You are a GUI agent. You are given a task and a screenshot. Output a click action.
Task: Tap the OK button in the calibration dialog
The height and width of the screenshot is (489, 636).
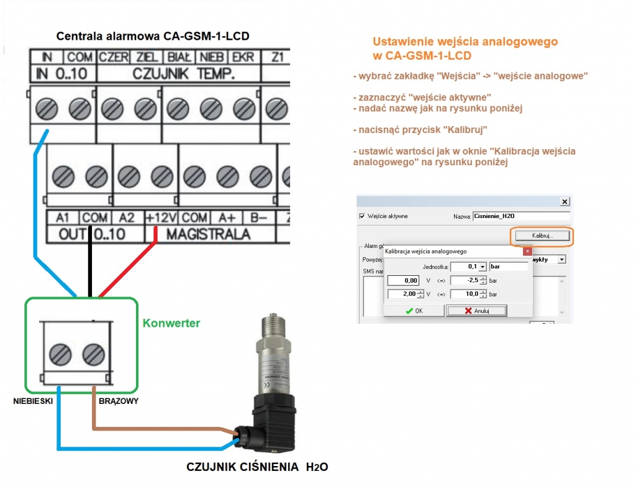[x=414, y=310]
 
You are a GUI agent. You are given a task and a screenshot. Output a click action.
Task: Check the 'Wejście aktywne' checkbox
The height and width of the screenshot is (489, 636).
[x=363, y=216]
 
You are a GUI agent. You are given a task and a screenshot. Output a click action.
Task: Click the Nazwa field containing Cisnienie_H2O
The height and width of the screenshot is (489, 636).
[x=520, y=216]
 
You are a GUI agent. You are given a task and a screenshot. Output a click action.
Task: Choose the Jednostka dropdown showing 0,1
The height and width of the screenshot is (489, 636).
[x=469, y=266]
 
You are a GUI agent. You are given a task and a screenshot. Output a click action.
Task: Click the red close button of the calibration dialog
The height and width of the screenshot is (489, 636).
[x=527, y=252]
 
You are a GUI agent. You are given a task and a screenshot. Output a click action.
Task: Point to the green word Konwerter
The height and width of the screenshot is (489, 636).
[x=171, y=323]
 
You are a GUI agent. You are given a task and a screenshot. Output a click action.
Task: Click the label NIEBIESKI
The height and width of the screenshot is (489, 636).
[x=32, y=401]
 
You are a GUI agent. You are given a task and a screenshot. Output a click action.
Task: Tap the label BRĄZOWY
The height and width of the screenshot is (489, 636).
[x=119, y=401]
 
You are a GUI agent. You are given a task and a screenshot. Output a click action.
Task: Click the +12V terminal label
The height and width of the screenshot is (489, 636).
[x=161, y=218]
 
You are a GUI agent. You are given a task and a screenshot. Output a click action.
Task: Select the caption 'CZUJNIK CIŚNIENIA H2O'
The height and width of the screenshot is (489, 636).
[x=257, y=467]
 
